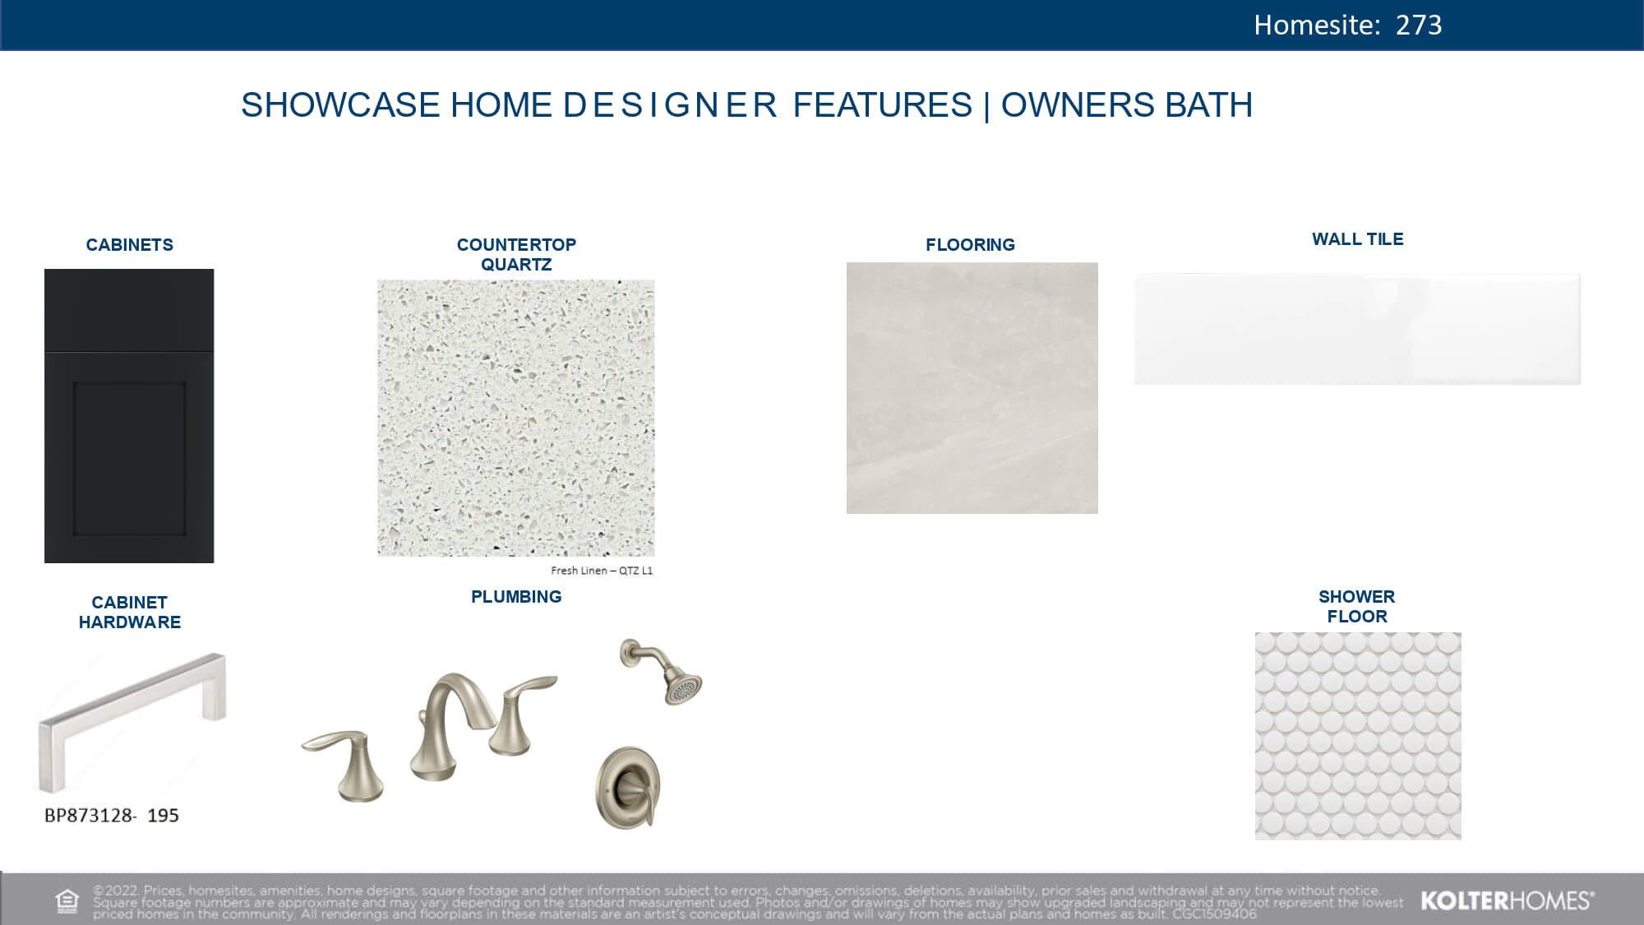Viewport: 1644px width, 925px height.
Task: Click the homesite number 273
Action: [1418, 25]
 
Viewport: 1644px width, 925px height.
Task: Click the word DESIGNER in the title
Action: [670, 105]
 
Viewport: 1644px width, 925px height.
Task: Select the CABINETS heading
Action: [130, 245]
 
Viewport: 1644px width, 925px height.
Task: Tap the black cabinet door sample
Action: [129, 416]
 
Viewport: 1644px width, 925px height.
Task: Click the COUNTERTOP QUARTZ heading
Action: [516, 254]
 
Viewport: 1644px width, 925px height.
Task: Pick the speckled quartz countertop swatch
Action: [516, 418]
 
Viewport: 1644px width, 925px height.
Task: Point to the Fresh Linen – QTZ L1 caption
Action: [602, 571]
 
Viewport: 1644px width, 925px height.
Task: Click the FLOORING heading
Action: [970, 245]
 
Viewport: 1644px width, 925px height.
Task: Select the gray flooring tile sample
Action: [972, 388]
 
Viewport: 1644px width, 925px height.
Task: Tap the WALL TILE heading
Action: [1357, 239]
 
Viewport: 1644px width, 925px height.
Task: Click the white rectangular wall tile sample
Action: [1357, 329]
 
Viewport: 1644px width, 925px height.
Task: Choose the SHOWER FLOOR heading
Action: [1356, 607]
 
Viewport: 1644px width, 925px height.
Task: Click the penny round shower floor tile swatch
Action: [1358, 736]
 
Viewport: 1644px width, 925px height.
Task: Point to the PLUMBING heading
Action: [516, 597]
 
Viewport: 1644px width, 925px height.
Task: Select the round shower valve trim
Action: [628, 788]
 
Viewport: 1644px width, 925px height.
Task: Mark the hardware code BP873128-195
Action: [112, 816]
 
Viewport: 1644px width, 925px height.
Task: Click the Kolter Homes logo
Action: [1506, 901]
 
